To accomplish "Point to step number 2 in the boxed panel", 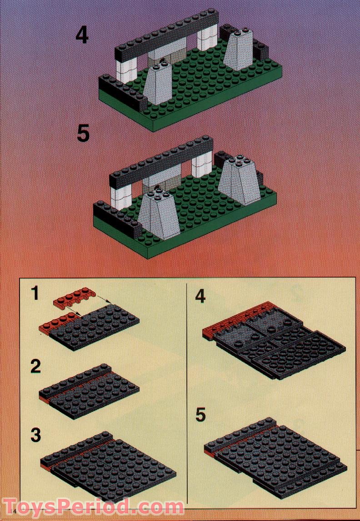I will click(x=36, y=366).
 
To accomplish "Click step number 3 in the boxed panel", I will click(x=36, y=435).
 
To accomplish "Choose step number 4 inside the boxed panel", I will click(x=200, y=296).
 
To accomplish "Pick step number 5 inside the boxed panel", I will click(x=200, y=415).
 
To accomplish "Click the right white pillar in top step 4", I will click(x=207, y=38).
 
